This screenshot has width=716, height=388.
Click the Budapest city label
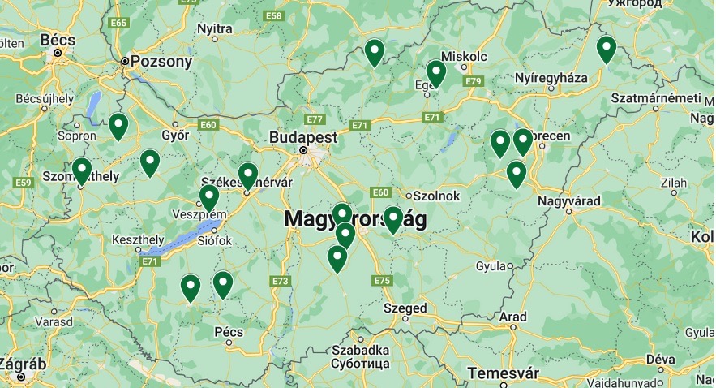(303, 137)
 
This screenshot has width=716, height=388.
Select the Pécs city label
(229, 331)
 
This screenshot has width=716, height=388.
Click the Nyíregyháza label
(551, 78)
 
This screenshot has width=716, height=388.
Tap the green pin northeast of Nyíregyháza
(606, 50)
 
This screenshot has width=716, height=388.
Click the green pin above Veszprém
(209, 197)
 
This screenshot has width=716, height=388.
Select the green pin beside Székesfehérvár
(248, 175)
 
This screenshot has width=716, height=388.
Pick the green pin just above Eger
(436, 73)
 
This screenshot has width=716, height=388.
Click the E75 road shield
(383, 281)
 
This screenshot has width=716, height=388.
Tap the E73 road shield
(281, 281)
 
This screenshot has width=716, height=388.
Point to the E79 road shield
(474, 81)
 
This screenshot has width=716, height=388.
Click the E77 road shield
(315, 119)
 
